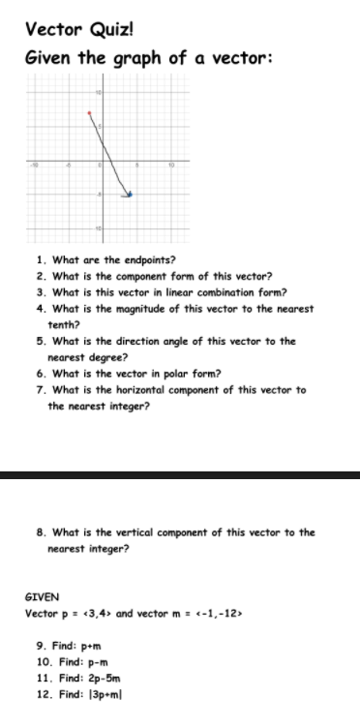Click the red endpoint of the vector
coord(90,114)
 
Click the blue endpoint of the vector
coord(131,195)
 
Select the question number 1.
coord(40,259)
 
